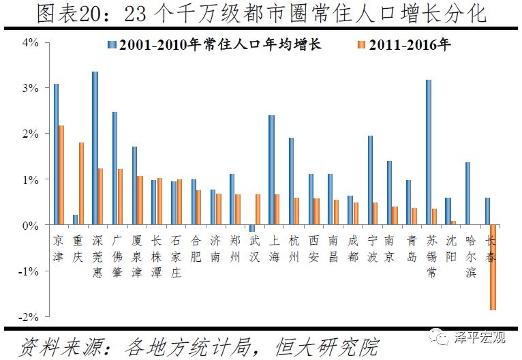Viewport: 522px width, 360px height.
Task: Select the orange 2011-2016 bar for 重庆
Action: click(x=81, y=183)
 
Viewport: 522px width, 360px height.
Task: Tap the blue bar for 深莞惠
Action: click(x=95, y=148)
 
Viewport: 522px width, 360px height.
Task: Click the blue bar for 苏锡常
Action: click(x=429, y=152)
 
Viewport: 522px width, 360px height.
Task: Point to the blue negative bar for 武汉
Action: click(x=251, y=228)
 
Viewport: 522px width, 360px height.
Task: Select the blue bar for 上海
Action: click(x=271, y=170)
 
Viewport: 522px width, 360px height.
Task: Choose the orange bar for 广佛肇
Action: click(x=121, y=196)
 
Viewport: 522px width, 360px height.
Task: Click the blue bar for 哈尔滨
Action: click(x=468, y=193)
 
